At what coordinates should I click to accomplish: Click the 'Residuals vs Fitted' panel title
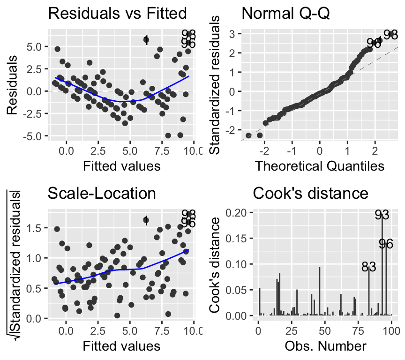pyautogui.click(x=117, y=14)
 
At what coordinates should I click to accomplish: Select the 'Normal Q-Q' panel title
pyautogui.click(x=286, y=14)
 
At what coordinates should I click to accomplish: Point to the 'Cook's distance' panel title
pyautogui.click(x=310, y=193)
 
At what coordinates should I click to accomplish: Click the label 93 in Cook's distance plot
pyautogui.click(x=382, y=215)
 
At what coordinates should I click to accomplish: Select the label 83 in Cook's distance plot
pyautogui.click(x=369, y=267)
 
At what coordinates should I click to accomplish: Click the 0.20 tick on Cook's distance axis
pyautogui.click(x=237, y=212)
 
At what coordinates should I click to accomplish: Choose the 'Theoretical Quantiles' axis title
pyautogui.click(x=319, y=166)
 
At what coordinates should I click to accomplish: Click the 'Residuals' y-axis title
pyautogui.click(x=14, y=85)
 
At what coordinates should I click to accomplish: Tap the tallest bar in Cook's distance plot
pyautogui.click(x=382, y=267)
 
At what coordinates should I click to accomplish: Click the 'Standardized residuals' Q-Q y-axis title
pyautogui.click(x=216, y=85)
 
